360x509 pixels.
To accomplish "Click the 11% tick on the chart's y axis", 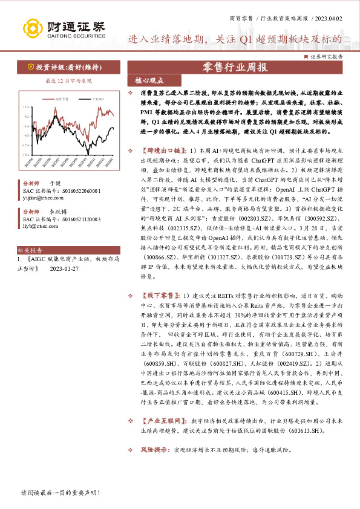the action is [x=26, y=107].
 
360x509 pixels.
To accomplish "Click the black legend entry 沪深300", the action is [x=97, y=97].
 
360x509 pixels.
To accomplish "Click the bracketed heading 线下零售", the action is [x=159, y=296].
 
